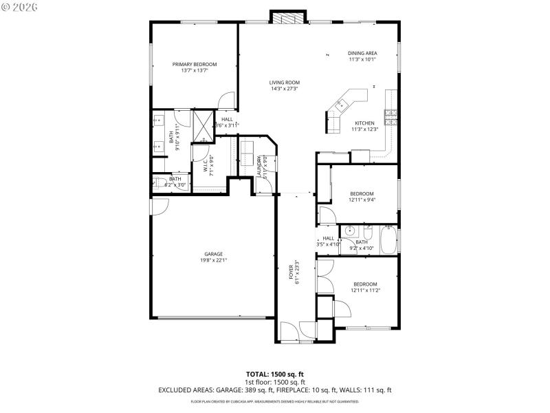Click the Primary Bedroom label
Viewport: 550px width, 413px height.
coord(195,64)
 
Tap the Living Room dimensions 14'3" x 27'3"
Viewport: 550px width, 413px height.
coord(285,89)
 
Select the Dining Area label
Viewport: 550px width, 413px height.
coord(362,53)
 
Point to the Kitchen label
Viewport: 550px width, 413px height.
coord(365,123)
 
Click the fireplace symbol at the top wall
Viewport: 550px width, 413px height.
coord(287,17)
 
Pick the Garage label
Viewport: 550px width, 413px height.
coord(213,254)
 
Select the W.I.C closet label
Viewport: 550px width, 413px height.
coord(205,165)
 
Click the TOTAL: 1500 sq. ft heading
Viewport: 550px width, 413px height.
coord(274,374)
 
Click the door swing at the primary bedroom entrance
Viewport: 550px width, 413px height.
coord(226,101)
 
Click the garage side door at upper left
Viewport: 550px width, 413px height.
coord(159,205)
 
